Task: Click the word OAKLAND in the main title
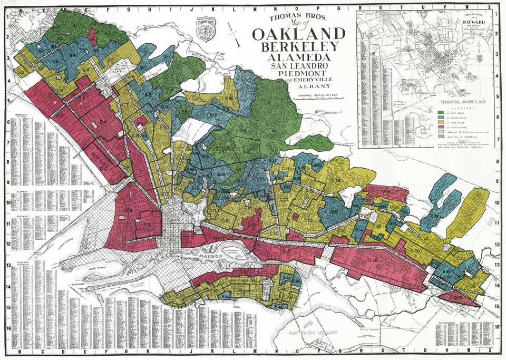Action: click(299, 35)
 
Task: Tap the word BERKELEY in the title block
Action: click(299, 47)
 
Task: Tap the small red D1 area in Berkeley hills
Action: click(93, 37)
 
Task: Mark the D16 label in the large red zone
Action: click(374, 260)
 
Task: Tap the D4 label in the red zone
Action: click(103, 122)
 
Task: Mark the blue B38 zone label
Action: click(435, 216)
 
